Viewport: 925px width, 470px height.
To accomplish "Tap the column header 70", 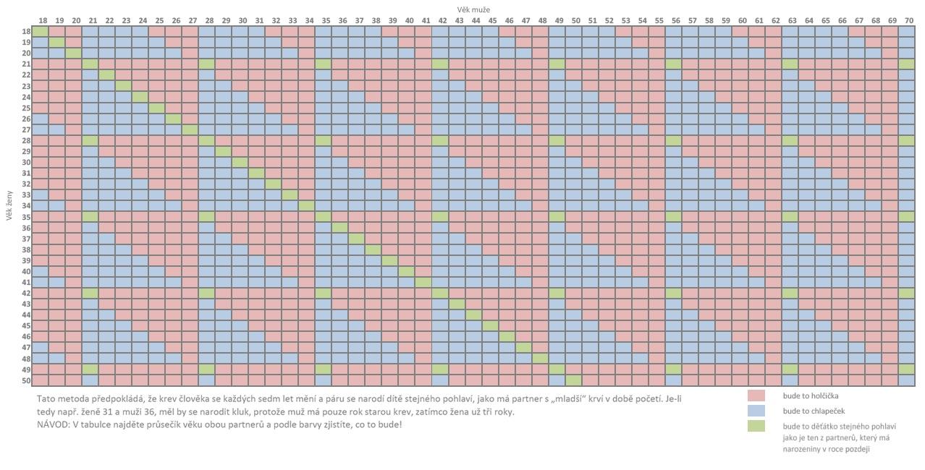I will (908, 21).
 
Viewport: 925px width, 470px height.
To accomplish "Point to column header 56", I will (675, 21).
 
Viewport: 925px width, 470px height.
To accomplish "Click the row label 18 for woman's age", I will (26, 32).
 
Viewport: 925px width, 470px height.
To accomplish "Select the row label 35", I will (26, 217).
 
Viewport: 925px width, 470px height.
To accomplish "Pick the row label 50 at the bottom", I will (26, 380).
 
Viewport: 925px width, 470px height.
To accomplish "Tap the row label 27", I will (26, 130).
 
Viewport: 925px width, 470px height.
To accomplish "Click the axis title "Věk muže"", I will (473, 8).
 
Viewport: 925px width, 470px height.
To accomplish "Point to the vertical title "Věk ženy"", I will (9, 205).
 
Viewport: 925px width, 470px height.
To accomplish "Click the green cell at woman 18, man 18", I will (41, 32).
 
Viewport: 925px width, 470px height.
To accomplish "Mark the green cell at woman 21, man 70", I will (908, 64).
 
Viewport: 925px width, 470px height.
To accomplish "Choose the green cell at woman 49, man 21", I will (90, 369).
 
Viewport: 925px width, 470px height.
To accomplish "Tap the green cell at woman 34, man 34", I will (308, 206).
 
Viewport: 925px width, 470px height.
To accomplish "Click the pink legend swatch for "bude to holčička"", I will (756, 396).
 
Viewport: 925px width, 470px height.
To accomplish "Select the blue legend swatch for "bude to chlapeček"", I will (756, 411).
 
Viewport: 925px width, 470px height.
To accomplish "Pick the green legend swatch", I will (756, 426).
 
